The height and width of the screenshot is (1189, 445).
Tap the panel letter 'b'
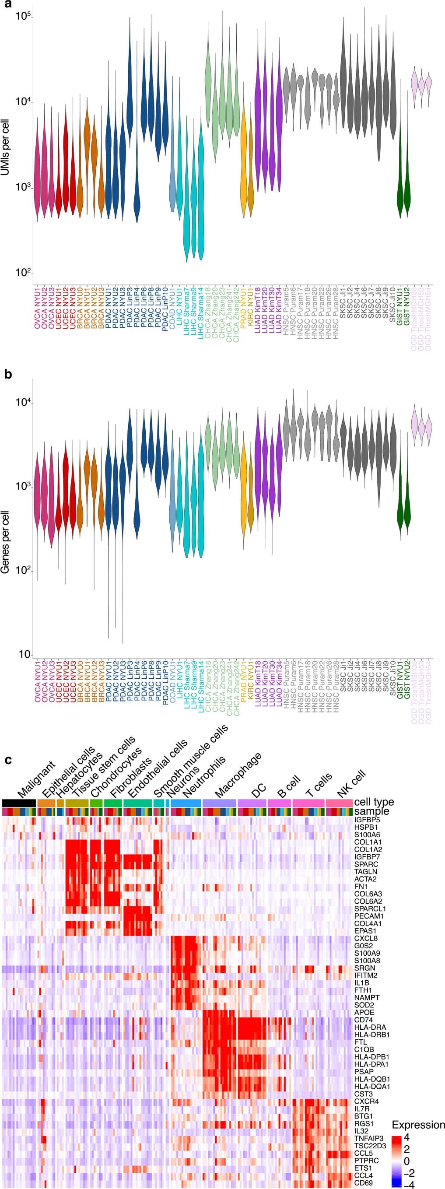click(x=8, y=374)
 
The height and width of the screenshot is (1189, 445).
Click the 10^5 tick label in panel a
click(x=23, y=16)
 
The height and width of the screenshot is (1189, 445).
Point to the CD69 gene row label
click(x=364, y=1182)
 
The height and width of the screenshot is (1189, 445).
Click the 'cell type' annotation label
click(x=374, y=802)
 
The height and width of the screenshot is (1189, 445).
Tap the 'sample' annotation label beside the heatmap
click(x=371, y=811)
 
